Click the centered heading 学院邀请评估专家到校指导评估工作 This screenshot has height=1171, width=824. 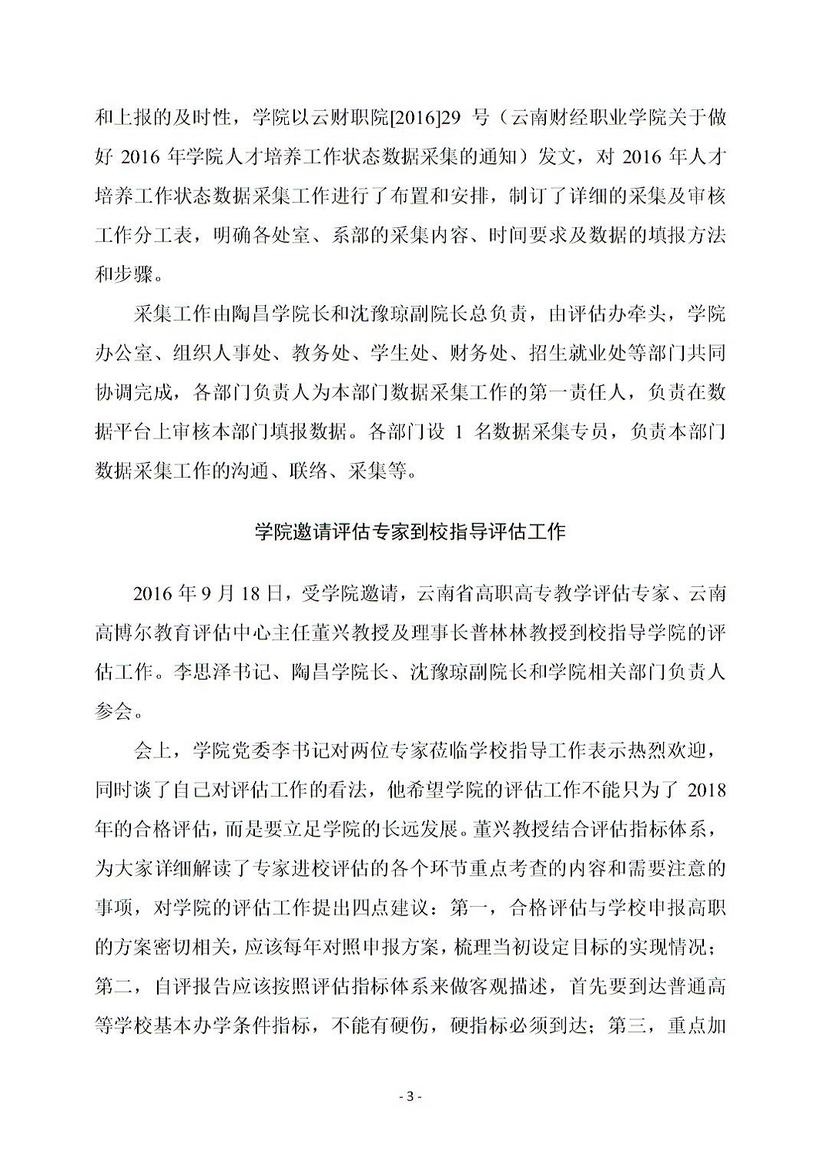pyautogui.click(x=410, y=532)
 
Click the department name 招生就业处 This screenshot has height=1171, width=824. pyautogui.click(x=567, y=354)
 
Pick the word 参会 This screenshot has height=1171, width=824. pyautogui.click(x=114, y=711)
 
